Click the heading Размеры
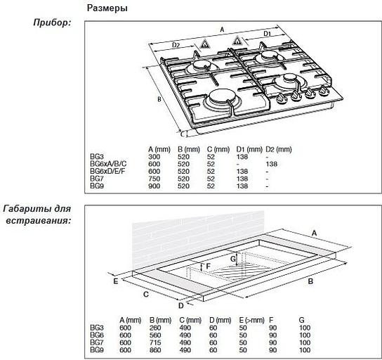pos(107,8)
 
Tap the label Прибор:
pos(52,22)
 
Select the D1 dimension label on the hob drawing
pos(268,34)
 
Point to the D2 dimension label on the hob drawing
pos(176,45)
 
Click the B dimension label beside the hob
pos(159,99)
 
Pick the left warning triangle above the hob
pos(204,44)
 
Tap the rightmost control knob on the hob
pos(324,91)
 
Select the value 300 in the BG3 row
pos(154,157)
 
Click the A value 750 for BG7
pos(154,179)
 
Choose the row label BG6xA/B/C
pos(108,164)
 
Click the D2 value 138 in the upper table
pos(272,164)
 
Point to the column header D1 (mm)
pos(249,149)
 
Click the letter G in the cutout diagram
pos(233,259)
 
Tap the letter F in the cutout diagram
pos(208,266)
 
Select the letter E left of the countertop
pos(116,281)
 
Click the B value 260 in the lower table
pos(155,328)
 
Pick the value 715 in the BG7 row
pos(155,342)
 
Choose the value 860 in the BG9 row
pos(155,350)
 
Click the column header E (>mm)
pos(251,320)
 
